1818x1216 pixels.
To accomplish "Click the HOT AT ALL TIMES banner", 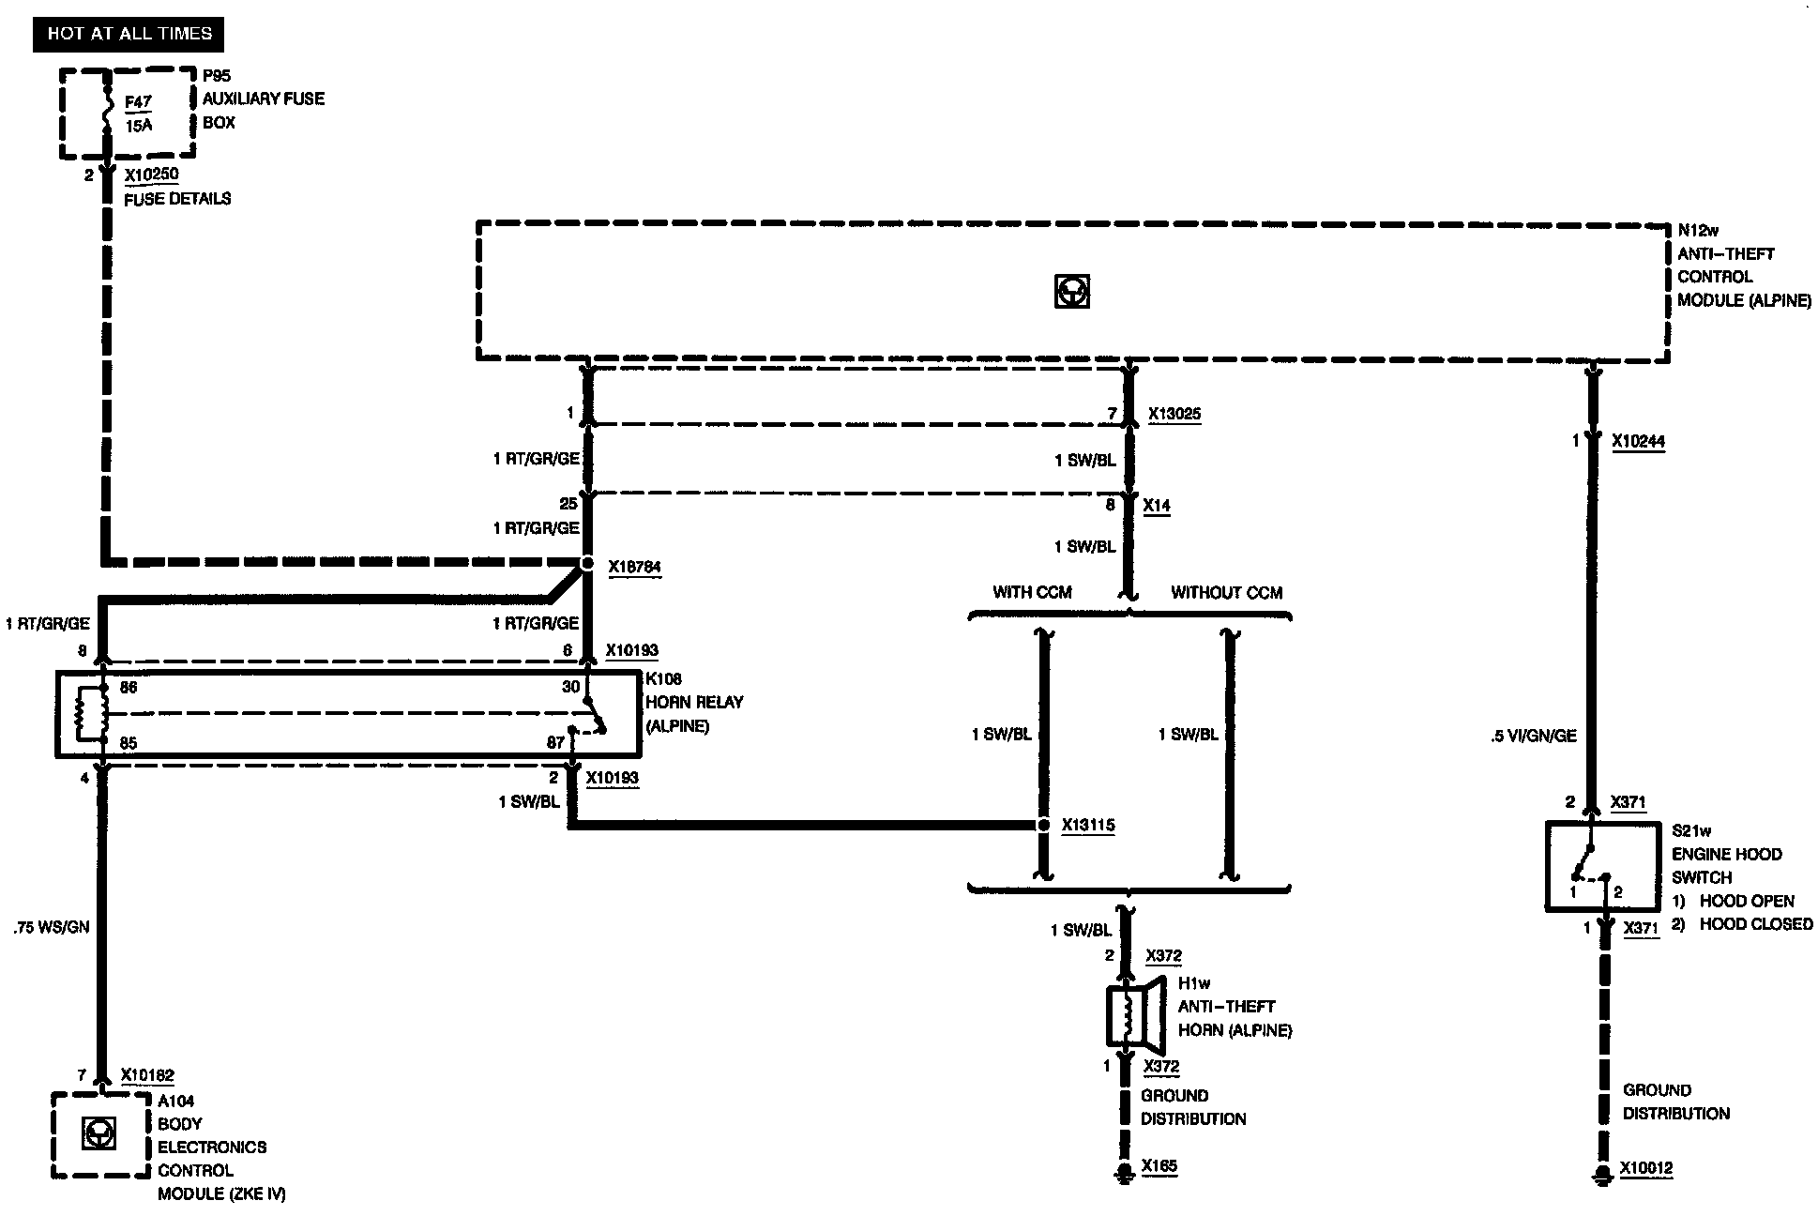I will (129, 34).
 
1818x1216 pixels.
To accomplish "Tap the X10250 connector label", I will (151, 175).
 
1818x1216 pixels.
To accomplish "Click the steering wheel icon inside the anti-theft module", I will (1071, 292).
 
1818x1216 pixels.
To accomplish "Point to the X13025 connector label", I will (1174, 414).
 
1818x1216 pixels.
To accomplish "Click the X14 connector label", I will (1157, 505).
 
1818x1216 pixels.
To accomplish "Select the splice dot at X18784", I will (586, 564).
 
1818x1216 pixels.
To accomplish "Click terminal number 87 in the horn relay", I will (555, 743).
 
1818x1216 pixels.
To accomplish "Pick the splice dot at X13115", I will (1042, 826).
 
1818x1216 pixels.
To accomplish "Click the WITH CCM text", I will (1032, 593).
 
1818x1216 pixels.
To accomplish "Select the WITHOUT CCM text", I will (1226, 593).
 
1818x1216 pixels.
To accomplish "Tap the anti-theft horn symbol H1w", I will (1135, 1014).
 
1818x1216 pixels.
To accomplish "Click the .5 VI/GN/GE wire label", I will (1533, 737).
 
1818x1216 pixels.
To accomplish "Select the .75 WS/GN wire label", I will (52, 927).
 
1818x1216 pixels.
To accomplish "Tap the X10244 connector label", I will (1638, 441).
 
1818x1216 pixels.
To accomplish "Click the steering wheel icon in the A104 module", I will (98, 1134).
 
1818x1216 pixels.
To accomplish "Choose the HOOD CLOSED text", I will (1756, 924).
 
